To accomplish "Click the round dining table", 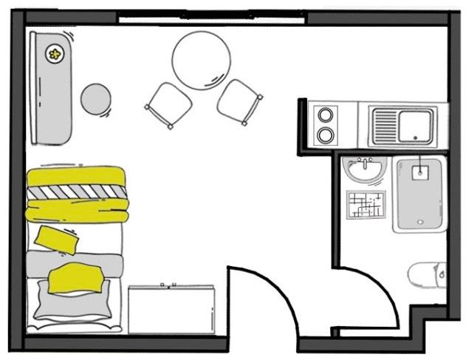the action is click(201, 61).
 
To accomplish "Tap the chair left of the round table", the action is click(168, 103).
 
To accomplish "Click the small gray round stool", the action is click(96, 99).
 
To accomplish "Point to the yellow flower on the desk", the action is click(55, 53).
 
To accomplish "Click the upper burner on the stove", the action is click(326, 115).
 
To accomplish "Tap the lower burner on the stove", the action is click(326, 135).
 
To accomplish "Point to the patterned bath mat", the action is click(366, 205).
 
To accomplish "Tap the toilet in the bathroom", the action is click(428, 275).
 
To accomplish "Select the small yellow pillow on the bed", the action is click(57, 239).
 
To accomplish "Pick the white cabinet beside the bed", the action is click(171, 308).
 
